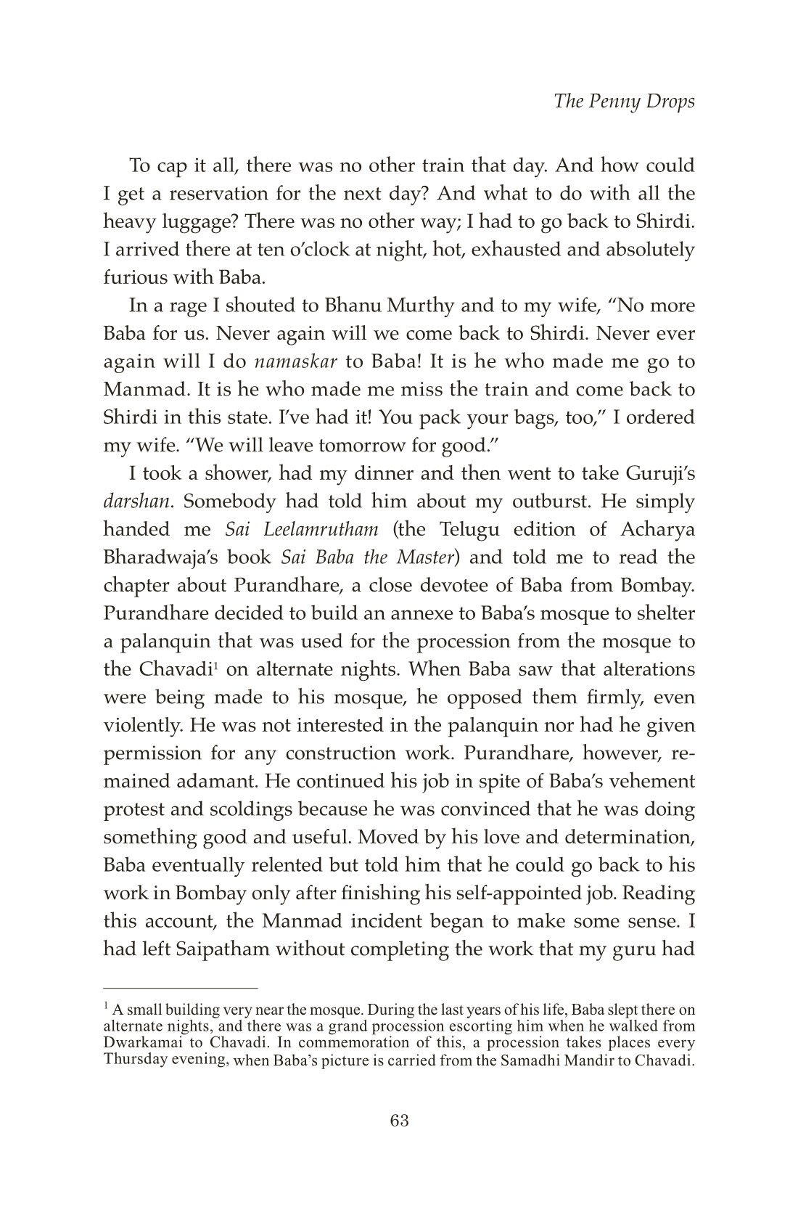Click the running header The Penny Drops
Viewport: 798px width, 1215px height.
(624, 101)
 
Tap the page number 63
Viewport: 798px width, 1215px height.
(400, 1121)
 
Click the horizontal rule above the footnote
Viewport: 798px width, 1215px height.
(181, 989)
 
